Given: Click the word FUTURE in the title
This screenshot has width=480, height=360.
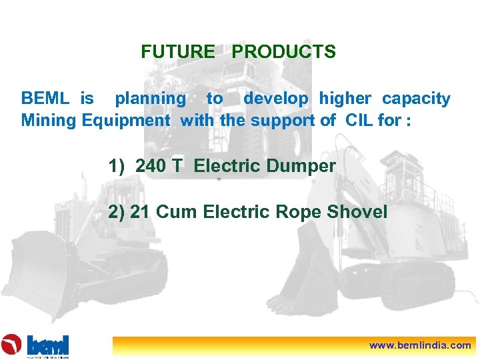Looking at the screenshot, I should [x=178, y=51].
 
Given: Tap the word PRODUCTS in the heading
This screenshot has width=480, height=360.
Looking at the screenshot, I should [x=284, y=51].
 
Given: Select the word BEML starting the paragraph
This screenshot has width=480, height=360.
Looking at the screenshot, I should [x=45, y=99].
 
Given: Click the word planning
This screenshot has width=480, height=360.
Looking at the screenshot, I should [x=151, y=99].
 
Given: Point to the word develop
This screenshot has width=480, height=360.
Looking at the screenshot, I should [x=276, y=99].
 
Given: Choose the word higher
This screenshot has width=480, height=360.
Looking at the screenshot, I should [x=345, y=99].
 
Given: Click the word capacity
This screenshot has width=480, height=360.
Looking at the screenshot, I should [x=416, y=99].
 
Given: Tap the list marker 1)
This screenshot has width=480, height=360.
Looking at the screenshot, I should [x=117, y=166].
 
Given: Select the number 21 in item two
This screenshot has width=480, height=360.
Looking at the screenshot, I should [x=139, y=212].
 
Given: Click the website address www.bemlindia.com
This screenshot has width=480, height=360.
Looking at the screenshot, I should [x=420, y=345].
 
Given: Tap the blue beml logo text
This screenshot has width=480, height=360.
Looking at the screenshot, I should [x=48, y=344].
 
